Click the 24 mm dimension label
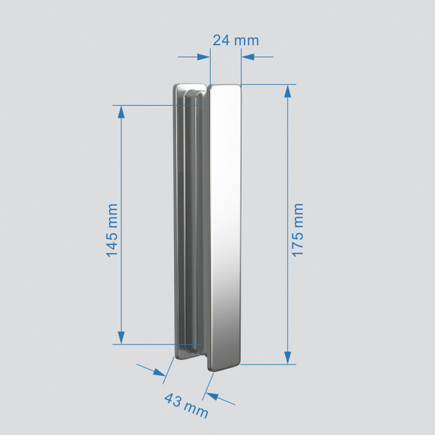pyautogui.click(x=235, y=40)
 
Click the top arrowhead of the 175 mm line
pyautogui.click(x=287, y=91)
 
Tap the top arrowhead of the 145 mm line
pyautogui.click(x=120, y=110)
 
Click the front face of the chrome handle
pyautogui.click(x=224, y=225)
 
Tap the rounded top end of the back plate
pyautogui.click(x=189, y=88)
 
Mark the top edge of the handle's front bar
pyautogui.click(x=225, y=85)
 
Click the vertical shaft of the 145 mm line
pyautogui.click(x=120, y=172)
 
